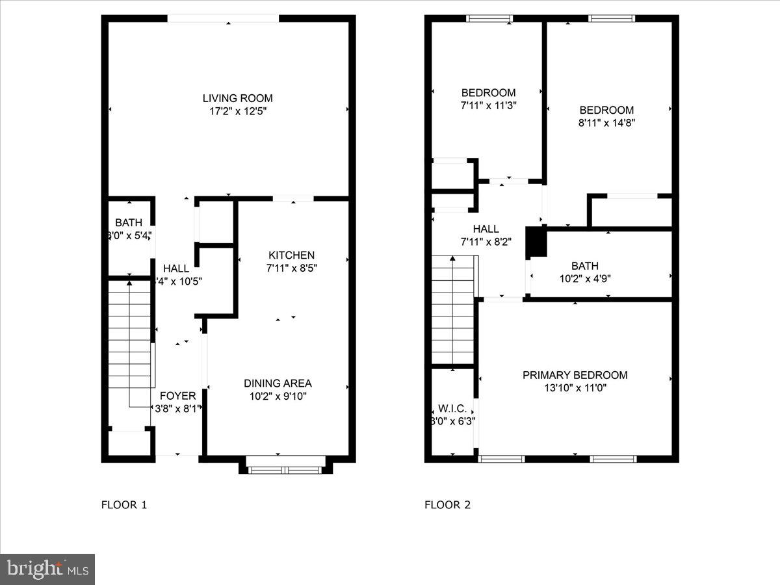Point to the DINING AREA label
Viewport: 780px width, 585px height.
click(278, 383)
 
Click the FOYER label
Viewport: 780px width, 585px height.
click(177, 396)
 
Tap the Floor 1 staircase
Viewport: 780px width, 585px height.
click(131, 341)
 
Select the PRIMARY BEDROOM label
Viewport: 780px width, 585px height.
click(575, 375)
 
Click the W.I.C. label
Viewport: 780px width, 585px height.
click(452, 408)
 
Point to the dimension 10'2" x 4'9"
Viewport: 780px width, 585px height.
click(585, 278)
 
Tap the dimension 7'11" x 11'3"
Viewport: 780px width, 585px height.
click(488, 105)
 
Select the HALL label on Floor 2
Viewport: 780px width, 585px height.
click(486, 229)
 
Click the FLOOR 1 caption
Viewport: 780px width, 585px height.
click(124, 504)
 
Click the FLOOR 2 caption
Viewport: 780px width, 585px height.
click(448, 504)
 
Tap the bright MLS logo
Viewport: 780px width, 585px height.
click(47, 569)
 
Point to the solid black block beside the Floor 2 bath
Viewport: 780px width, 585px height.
click(536, 242)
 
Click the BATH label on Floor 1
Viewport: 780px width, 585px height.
click(129, 223)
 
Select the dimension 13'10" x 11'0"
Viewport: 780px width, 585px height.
click(575, 388)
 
